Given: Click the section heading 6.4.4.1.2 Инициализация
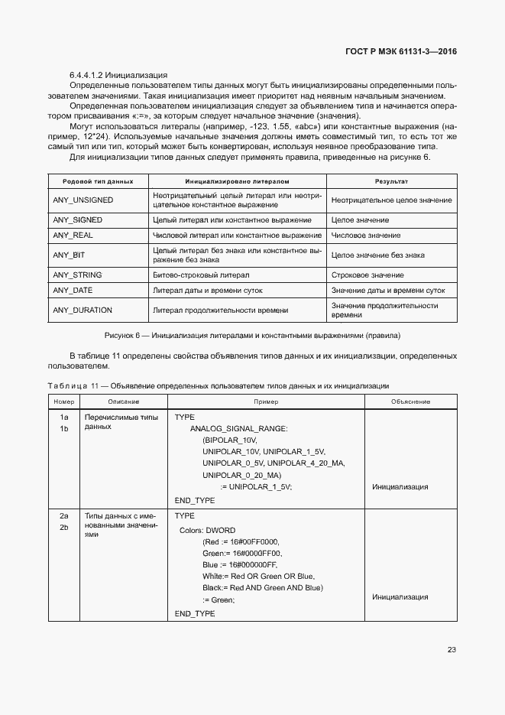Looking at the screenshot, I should click(x=118, y=75).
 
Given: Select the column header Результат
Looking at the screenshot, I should click(x=391, y=181).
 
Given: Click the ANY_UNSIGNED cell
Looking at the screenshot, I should click(x=83, y=200).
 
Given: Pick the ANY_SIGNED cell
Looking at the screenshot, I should click(x=77, y=219).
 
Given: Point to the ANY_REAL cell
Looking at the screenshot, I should click(x=73, y=236).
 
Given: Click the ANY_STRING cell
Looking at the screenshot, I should click(x=77, y=275).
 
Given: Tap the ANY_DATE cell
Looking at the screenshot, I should click(x=73, y=291).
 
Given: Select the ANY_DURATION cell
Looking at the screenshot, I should click(x=83, y=310).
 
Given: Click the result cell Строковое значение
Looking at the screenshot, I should click(x=368, y=275).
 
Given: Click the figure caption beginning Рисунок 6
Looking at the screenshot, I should click(x=252, y=336).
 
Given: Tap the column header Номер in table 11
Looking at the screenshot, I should click(x=64, y=401).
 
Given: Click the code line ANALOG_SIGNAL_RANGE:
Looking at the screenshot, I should click(x=238, y=430).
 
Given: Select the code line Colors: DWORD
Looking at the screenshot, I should click(x=207, y=530).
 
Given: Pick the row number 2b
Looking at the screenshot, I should click(x=64, y=528).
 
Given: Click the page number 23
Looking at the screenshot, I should click(x=452, y=650).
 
